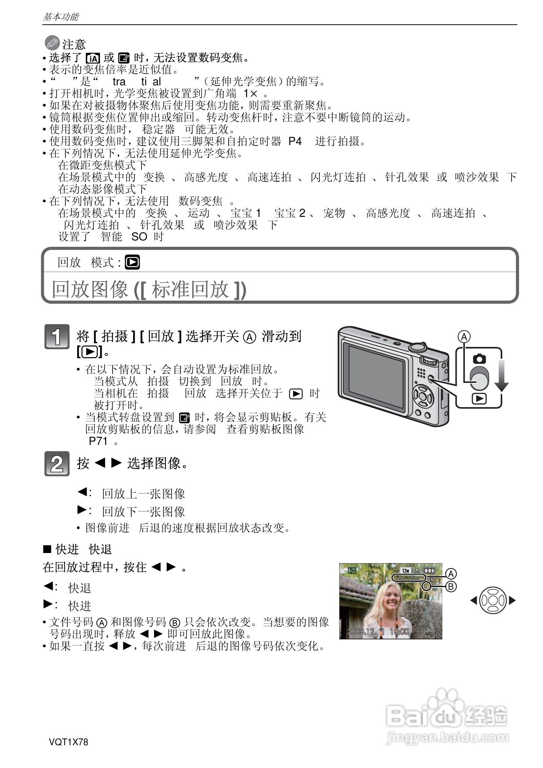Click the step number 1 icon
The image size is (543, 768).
[x=56, y=337]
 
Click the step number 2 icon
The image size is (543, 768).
[x=56, y=464]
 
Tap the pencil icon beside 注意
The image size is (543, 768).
[x=52, y=44]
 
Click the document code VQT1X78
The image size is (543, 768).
[x=68, y=742]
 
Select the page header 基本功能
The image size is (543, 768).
[x=61, y=17]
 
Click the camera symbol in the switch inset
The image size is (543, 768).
[x=479, y=359]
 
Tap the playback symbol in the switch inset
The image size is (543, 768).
[x=479, y=399]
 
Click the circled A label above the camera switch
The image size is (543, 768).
[x=464, y=337]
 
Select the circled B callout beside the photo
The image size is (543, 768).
[x=451, y=587]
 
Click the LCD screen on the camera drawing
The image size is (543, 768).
[x=376, y=378]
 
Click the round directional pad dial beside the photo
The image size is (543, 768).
[x=493, y=600]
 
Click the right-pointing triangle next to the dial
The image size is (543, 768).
[x=513, y=600]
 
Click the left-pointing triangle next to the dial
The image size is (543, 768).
[x=473, y=600]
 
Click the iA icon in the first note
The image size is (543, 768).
[x=92, y=58]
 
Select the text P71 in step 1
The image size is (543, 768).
[x=98, y=441]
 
